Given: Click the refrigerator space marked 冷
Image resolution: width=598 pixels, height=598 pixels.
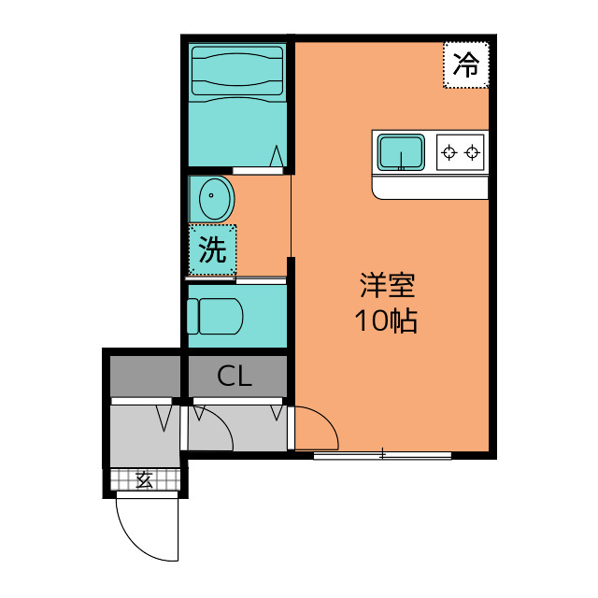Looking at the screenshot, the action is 466,64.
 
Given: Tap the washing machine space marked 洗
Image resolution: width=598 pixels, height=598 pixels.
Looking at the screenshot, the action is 212,249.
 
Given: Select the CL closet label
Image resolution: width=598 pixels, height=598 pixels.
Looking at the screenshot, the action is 235,377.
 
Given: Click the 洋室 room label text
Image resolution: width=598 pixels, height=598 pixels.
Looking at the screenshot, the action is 387,285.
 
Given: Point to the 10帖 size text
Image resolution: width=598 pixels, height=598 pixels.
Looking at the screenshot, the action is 386,320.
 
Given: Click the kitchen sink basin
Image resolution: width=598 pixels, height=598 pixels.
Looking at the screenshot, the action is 401,152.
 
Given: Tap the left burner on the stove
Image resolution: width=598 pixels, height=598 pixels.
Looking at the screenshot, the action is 449,152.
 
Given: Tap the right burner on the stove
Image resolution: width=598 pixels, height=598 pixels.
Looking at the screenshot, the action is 472,152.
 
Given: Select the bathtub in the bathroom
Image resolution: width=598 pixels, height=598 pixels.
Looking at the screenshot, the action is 237,71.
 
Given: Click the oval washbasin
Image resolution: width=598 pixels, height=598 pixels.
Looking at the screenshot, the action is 215,198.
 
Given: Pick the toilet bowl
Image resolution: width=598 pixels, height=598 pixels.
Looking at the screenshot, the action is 221,316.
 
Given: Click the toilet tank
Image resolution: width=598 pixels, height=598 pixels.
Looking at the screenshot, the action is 192,316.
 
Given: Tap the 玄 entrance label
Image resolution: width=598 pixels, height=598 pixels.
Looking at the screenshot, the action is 145,479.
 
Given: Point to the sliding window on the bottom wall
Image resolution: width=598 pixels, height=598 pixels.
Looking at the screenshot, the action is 382,455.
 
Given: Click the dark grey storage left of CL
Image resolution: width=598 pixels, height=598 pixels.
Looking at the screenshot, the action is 145,377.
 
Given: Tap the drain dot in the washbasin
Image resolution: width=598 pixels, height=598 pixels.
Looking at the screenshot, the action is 211,195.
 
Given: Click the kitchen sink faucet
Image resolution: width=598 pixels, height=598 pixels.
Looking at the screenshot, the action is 401,161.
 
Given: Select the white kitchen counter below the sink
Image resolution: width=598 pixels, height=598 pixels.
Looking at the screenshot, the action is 430,187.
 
